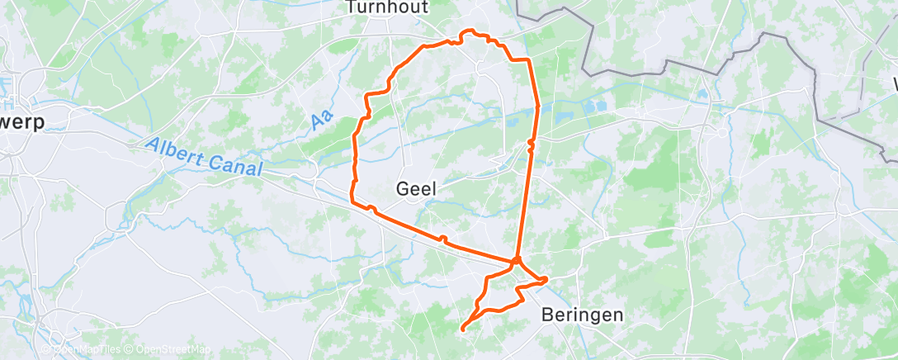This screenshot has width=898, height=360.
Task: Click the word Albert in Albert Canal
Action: point(176,153)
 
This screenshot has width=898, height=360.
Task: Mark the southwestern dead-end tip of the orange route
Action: point(461,329)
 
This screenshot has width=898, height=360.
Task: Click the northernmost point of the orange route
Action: point(469,31)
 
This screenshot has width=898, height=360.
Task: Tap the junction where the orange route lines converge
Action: point(516,262)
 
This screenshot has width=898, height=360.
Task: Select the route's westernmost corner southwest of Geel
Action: point(352,200)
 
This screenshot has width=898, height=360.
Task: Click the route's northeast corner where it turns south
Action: point(527,61)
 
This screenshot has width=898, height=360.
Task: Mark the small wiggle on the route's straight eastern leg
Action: point(532,143)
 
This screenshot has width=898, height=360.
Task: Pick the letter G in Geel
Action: point(404,188)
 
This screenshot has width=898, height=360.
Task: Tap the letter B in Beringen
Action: point(548,315)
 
